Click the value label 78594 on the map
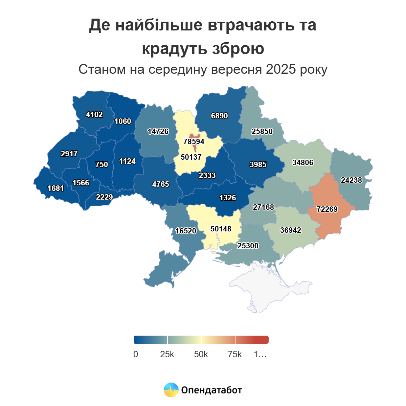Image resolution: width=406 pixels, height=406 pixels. [x=194, y=141]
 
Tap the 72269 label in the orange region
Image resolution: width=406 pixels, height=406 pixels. [x=327, y=209]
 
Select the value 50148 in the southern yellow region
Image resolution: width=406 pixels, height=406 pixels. [x=221, y=229]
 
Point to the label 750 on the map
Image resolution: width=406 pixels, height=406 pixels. [x=101, y=164]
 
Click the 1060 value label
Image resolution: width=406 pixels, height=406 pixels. [x=122, y=121]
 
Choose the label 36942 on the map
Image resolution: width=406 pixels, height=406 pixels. [x=290, y=230]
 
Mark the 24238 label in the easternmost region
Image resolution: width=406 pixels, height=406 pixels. [x=351, y=180]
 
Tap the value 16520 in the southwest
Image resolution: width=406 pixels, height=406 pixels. [x=185, y=231]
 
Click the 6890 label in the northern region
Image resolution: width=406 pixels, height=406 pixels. [x=219, y=116]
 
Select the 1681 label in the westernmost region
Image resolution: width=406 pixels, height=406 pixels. [x=55, y=188]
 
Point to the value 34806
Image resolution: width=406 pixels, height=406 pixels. [x=302, y=162]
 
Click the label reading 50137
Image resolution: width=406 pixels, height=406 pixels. [x=191, y=157]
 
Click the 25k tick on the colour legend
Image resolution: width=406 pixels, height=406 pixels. [x=167, y=354]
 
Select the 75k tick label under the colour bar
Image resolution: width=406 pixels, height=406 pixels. [x=235, y=354]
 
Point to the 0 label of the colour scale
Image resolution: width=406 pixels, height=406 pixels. [x=136, y=354]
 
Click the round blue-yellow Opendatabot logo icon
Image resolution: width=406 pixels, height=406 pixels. [x=171, y=390]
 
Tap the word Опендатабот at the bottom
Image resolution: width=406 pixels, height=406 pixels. [x=211, y=390]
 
